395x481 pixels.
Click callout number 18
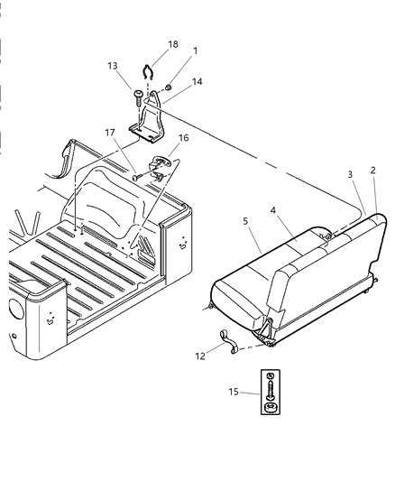pyautogui.click(x=173, y=44)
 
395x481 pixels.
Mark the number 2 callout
pyautogui.click(x=373, y=171)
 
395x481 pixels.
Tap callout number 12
pyautogui.click(x=200, y=356)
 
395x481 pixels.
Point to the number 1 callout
pyautogui.click(x=194, y=51)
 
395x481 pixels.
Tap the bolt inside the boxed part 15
pyautogui.click(x=270, y=392)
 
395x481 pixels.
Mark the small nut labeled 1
pyautogui.click(x=170, y=87)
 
